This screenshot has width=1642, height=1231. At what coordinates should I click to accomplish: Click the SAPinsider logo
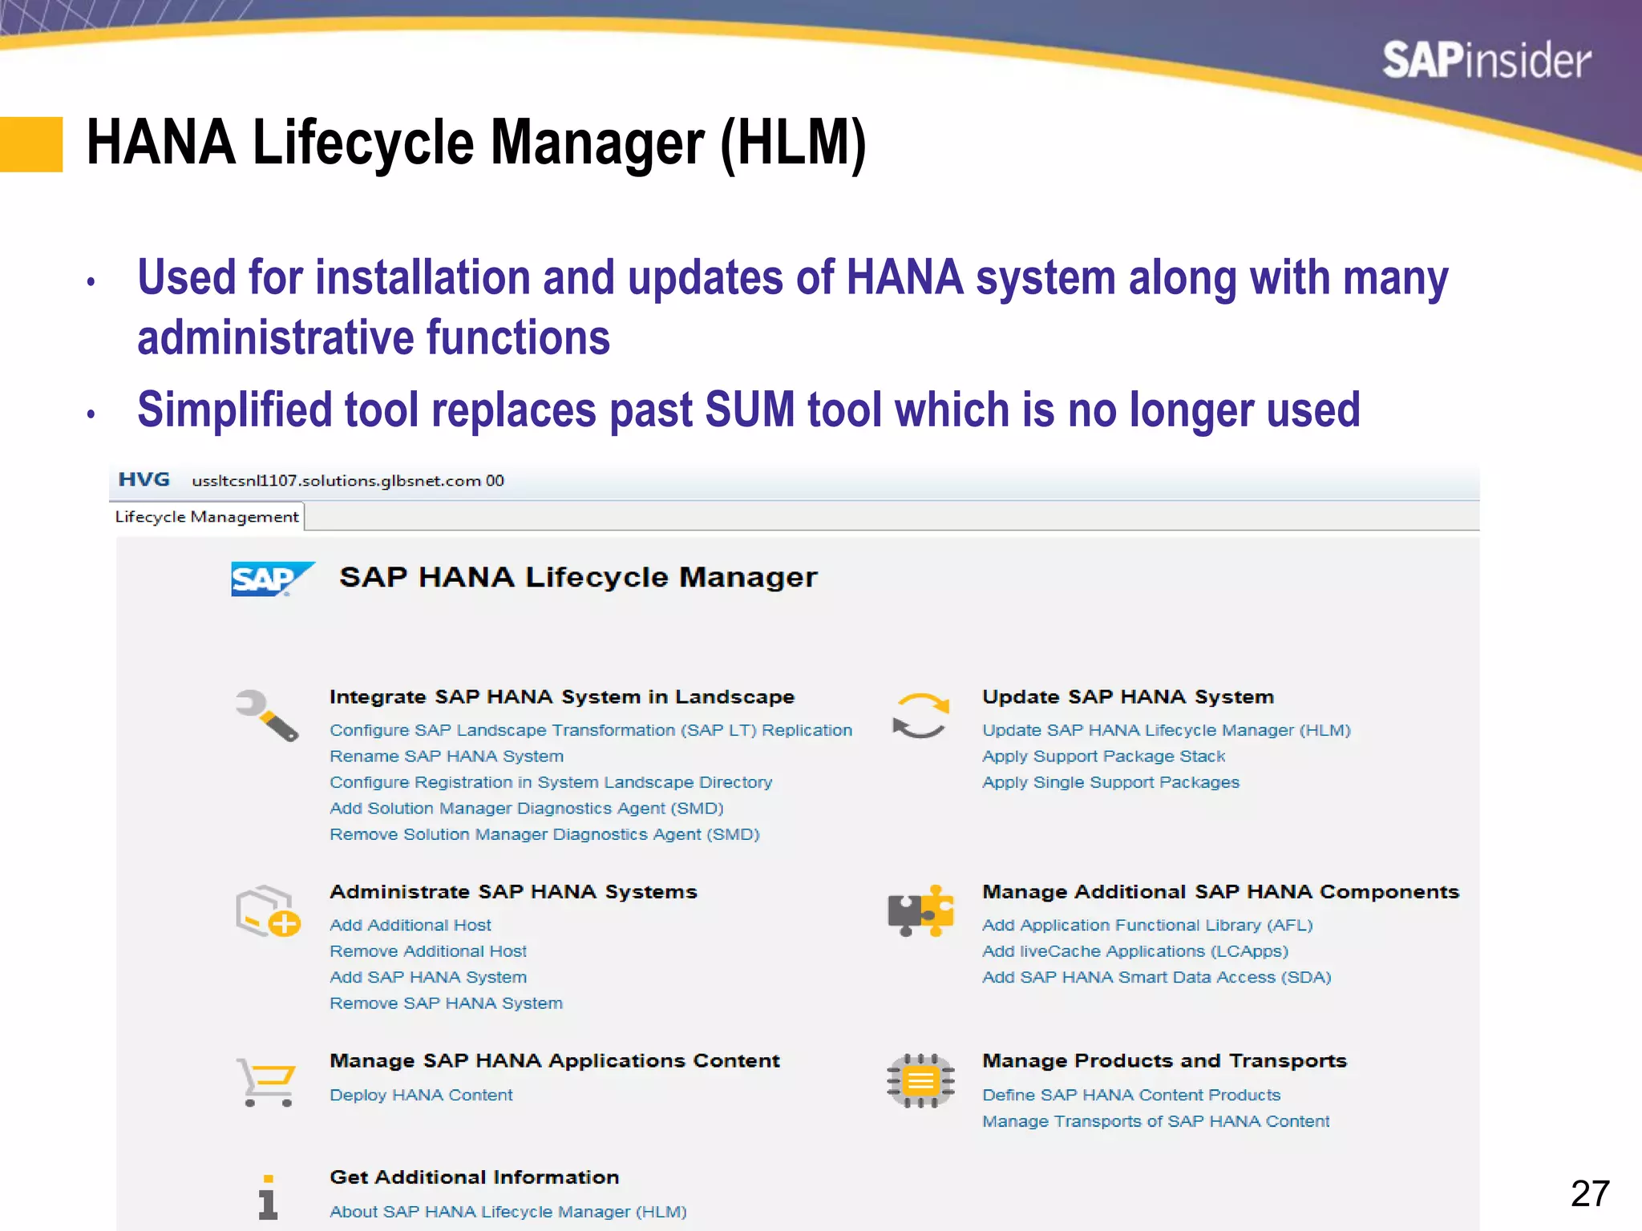(1486, 61)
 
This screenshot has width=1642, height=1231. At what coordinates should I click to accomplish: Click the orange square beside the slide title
(31, 144)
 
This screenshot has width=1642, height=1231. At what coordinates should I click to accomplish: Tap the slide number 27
(1590, 1193)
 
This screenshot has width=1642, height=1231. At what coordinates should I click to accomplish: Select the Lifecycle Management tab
(207, 517)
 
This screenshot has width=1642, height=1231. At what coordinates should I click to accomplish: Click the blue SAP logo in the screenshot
(270, 579)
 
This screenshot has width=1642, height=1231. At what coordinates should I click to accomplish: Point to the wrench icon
(267, 715)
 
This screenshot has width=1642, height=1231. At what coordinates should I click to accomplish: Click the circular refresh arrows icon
(920, 715)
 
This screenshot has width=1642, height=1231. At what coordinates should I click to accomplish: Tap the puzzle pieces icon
(920, 911)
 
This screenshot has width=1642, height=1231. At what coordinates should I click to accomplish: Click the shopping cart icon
(267, 1082)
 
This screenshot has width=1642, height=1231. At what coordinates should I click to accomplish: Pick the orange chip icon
(920, 1081)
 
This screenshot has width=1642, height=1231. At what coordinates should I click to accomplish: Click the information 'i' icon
(268, 1197)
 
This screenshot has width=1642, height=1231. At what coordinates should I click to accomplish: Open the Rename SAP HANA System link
(447, 757)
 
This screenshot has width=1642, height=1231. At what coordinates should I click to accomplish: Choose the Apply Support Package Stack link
(1103, 757)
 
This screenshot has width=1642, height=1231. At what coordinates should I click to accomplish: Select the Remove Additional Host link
(428, 951)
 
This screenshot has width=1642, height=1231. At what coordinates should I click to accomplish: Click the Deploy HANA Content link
(421, 1096)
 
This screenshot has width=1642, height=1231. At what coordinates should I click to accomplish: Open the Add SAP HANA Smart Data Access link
(1156, 978)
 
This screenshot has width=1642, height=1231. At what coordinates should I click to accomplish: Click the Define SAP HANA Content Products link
(1131, 1096)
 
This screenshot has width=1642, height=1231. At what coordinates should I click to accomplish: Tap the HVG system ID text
(144, 480)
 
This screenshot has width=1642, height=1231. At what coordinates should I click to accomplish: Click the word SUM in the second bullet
(750, 410)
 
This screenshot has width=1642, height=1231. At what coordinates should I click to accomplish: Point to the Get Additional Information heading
(475, 1177)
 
